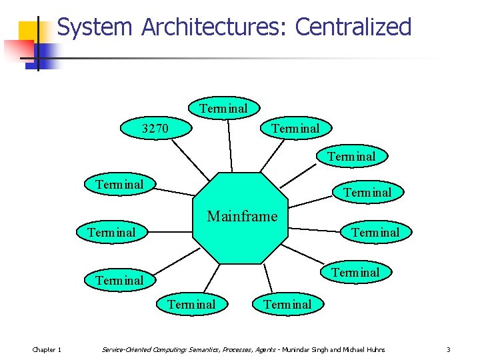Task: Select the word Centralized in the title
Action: [x=353, y=27]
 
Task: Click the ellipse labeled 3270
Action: [x=156, y=128]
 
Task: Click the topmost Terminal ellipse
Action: [x=223, y=108]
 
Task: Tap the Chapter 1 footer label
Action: [x=47, y=349]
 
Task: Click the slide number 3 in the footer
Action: [x=449, y=349]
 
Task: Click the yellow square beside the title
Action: [x=31, y=33]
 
